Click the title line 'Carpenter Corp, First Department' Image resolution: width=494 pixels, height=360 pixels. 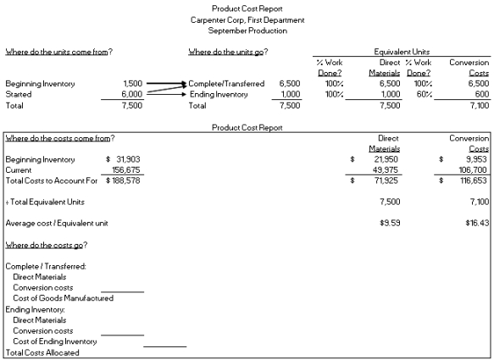247,19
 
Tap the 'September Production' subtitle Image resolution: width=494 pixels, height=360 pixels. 247,30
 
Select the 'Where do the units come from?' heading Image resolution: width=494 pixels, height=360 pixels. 59,52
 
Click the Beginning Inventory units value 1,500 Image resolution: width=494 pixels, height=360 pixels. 132,84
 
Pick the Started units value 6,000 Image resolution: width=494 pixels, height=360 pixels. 132,95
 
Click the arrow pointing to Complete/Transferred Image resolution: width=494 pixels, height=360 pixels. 166,85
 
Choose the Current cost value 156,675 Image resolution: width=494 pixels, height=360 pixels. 126,169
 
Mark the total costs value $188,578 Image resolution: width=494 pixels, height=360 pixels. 124,180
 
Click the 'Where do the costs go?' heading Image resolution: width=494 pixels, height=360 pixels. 47,245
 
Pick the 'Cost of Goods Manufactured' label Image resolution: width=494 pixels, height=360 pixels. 63,297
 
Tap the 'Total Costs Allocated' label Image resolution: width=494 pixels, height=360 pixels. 42,352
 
